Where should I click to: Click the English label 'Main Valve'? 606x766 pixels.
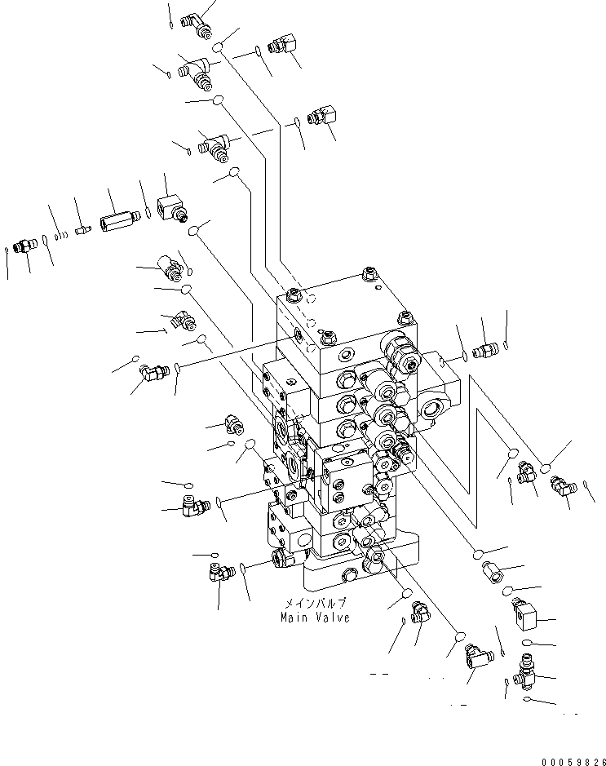click(315, 617)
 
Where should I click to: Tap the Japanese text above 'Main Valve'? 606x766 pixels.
click(315, 603)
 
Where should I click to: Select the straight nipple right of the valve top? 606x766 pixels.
click(488, 351)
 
